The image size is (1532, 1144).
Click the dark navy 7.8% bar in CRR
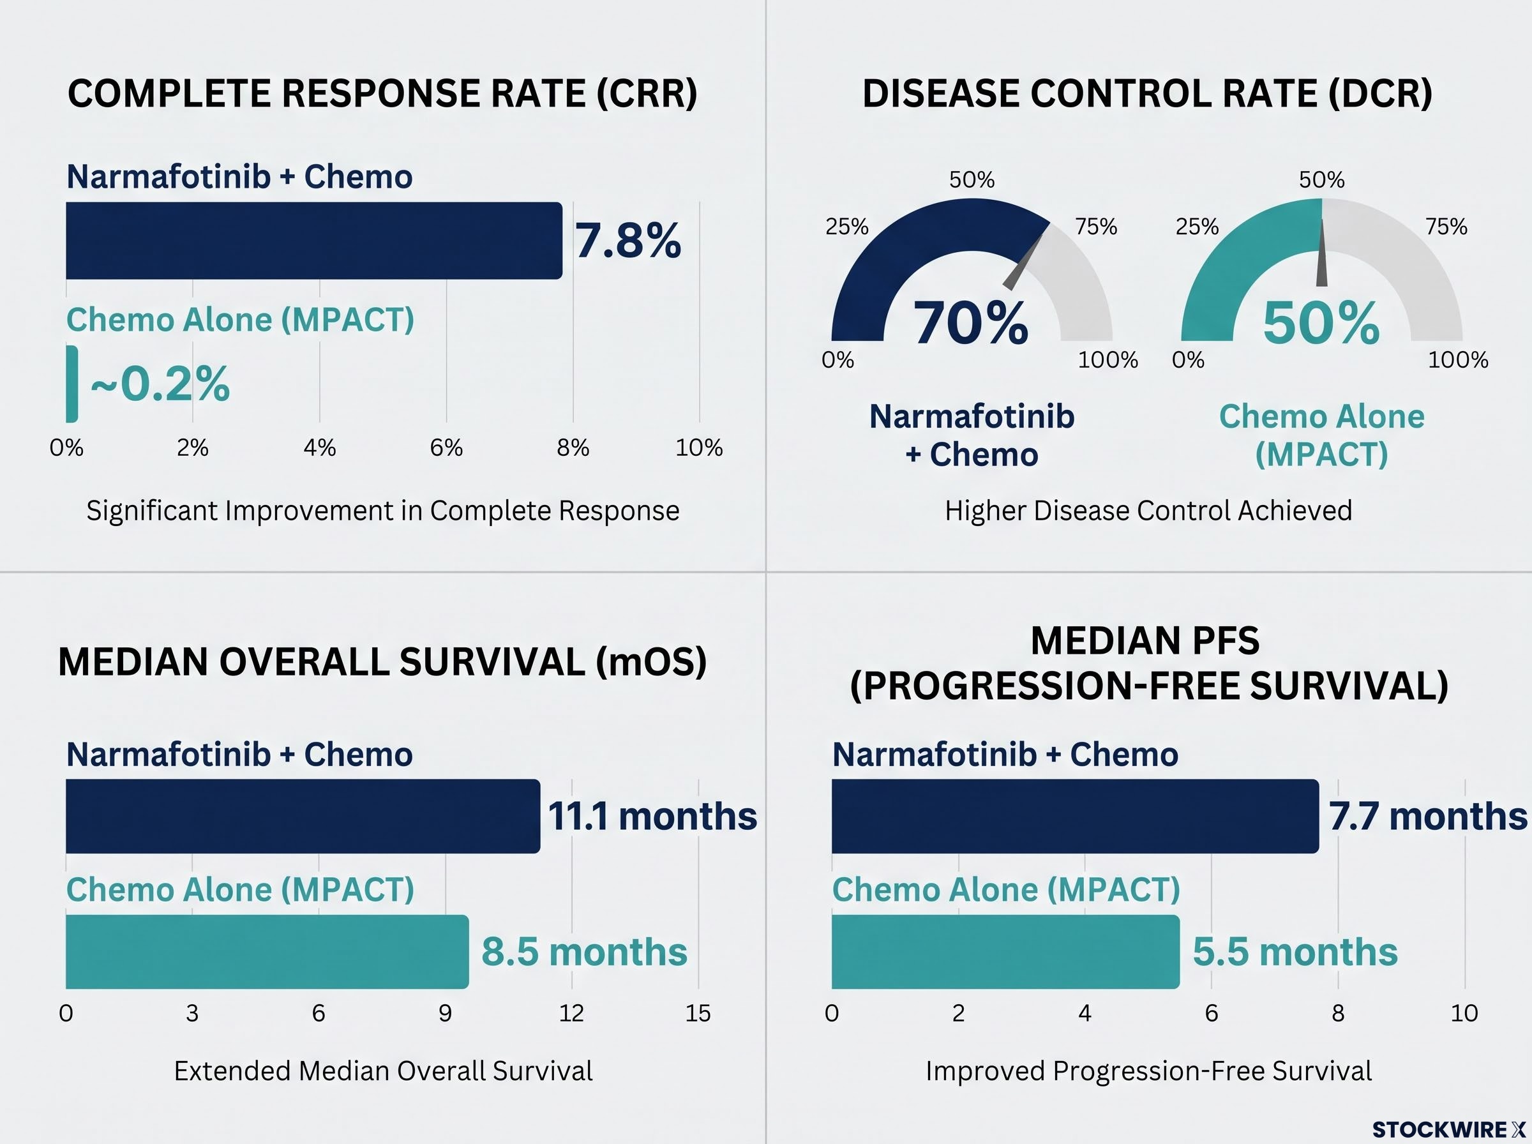coord(313,240)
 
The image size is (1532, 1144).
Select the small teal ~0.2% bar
coord(72,384)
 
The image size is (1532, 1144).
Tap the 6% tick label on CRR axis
coord(446,448)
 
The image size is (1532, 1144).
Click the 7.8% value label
coord(628,241)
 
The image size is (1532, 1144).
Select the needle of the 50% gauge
coord(1321,252)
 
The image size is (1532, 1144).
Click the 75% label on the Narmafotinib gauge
coord(1096,227)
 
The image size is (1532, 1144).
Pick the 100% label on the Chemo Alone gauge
coord(1458,359)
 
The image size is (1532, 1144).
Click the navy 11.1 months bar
coord(303,816)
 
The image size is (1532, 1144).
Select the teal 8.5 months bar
coord(267,951)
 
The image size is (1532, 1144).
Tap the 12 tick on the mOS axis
coord(572,1013)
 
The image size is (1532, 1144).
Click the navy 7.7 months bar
coord(1075,816)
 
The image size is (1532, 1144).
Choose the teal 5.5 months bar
coord(1005,951)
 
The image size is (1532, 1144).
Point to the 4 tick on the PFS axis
coord(1085,1013)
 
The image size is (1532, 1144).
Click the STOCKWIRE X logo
coord(1449,1129)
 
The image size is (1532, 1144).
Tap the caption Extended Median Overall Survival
coord(383,1071)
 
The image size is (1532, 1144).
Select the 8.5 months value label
coord(584,951)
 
